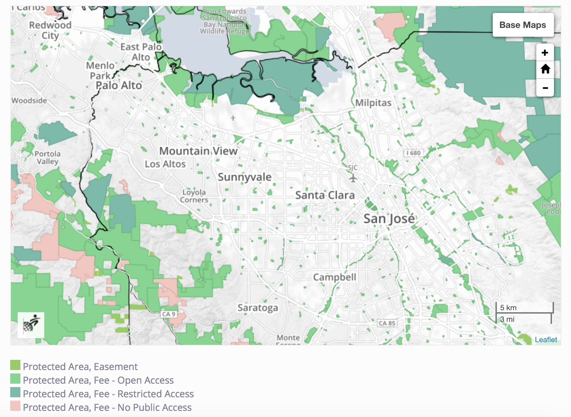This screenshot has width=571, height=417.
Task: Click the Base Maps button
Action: [x=523, y=25]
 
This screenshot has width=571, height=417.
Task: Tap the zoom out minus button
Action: [x=545, y=88]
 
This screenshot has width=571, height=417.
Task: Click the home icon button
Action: [x=545, y=69]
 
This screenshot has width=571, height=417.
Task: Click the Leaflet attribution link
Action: [x=546, y=339]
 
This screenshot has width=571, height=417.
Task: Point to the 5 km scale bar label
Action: [x=508, y=307]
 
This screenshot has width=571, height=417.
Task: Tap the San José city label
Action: [x=389, y=219]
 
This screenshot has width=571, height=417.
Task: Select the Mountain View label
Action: [x=198, y=151]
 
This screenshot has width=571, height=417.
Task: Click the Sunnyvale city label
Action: [x=245, y=177]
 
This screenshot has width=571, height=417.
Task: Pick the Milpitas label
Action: [x=373, y=103]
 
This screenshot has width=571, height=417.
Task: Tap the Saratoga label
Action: [x=258, y=308]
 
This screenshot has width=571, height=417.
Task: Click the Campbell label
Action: [x=335, y=277]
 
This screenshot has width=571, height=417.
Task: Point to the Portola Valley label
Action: [x=48, y=157]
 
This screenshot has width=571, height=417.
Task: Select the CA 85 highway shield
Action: [x=387, y=323]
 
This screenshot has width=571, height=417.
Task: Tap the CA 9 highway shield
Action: [x=168, y=314]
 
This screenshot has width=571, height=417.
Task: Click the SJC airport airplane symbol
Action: [x=353, y=178]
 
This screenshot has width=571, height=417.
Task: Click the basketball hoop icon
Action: [x=31, y=325]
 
